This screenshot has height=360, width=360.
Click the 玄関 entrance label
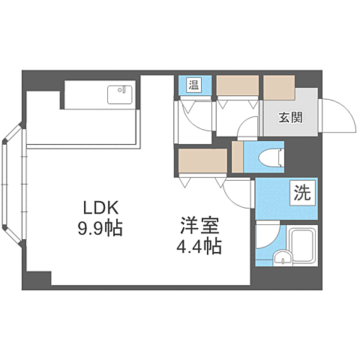(x=292, y=118)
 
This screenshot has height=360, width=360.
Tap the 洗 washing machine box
(x=301, y=193)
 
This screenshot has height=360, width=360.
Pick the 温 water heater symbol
(x=193, y=84)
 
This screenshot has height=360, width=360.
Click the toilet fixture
(x=268, y=156)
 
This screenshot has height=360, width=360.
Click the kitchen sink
(x=119, y=94)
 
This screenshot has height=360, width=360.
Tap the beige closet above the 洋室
(x=202, y=160)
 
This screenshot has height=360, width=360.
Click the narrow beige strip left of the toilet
(x=238, y=157)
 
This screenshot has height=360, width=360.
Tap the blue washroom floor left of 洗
(x=271, y=199)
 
